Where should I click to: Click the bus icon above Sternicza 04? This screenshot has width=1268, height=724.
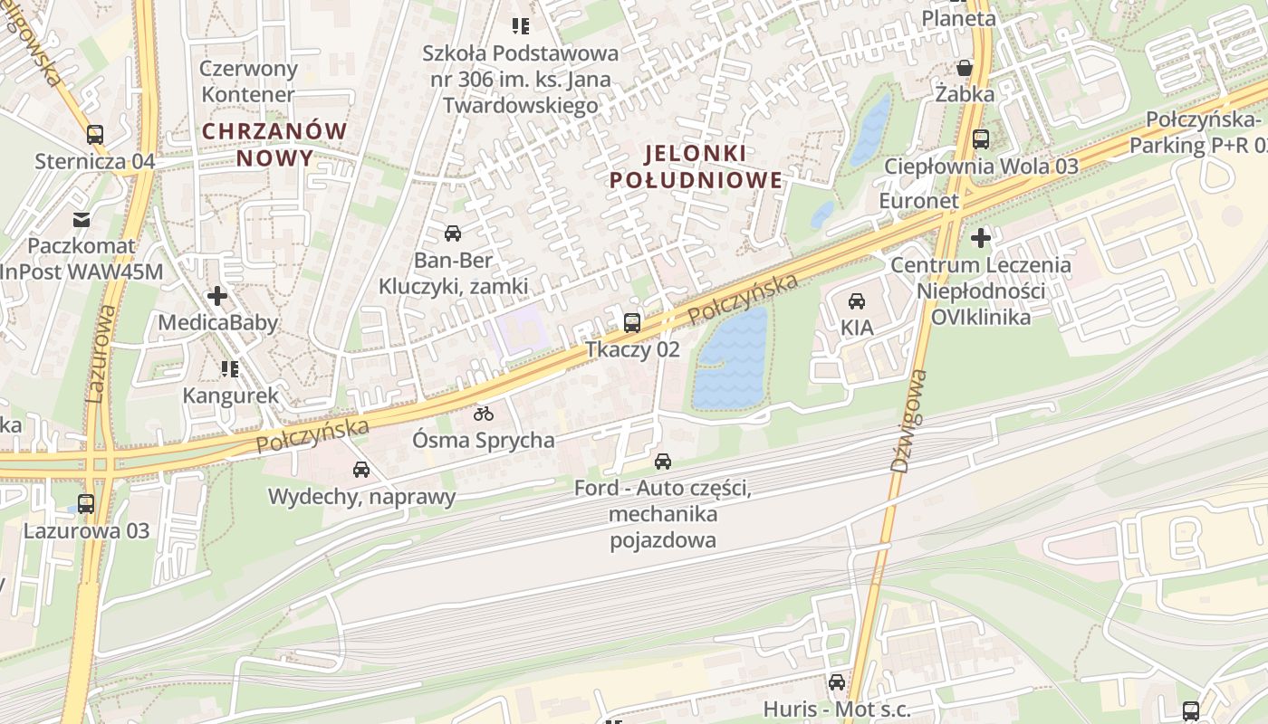tap(95, 135)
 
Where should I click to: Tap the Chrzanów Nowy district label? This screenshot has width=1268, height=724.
tap(274, 144)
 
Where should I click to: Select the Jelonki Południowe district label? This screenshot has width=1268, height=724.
tap(696, 166)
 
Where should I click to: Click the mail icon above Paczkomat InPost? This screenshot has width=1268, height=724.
tap(82, 219)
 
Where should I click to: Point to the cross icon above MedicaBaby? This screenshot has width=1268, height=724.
tap(217, 296)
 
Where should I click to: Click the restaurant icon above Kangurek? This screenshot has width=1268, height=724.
tap(230, 368)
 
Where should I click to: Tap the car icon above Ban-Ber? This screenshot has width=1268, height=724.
tap(452, 233)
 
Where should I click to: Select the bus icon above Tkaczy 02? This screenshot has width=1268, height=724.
tap(632, 322)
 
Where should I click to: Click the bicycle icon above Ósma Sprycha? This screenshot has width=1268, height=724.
tap(484, 414)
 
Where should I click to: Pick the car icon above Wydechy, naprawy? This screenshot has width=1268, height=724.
tap(361, 469)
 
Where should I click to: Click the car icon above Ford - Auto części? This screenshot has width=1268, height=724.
tap(663, 462)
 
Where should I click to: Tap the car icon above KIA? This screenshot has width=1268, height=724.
tap(856, 300)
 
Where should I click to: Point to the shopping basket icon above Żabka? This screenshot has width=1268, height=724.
tap(965, 68)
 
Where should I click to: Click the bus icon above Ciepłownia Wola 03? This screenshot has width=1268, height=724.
tap(981, 139)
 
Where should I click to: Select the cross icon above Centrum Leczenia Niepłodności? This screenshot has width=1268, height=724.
tap(981, 238)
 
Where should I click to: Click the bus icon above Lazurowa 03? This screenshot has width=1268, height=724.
tap(86, 504)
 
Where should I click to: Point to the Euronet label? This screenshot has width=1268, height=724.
tap(918, 201)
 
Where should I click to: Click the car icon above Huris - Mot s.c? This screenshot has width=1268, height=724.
tap(837, 681)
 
